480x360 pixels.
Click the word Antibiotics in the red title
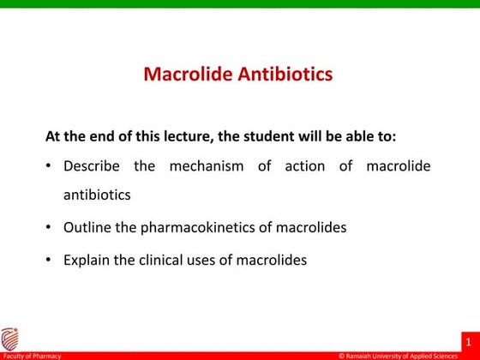pos(284,75)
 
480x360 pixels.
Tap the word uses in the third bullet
pos(219,260)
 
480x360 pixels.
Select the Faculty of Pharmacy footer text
pos(27,355)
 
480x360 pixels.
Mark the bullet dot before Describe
pos(51,165)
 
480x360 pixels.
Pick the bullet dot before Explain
pos(51,260)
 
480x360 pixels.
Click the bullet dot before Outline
pos(51,227)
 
